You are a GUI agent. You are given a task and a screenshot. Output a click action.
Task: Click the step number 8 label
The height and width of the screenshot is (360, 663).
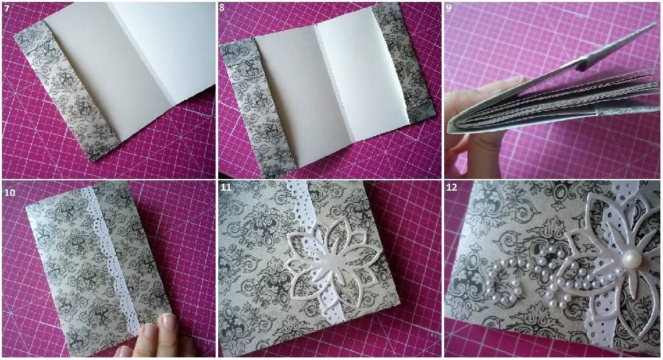[223, 8]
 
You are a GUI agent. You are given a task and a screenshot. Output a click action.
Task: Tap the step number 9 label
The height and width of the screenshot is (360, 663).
[449, 8]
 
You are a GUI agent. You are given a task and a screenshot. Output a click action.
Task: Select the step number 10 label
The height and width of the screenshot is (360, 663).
[10, 193]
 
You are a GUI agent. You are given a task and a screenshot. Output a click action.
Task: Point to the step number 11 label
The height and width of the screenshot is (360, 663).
[226, 187]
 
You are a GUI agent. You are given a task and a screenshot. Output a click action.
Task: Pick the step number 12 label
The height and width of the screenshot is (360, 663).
[451, 187]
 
